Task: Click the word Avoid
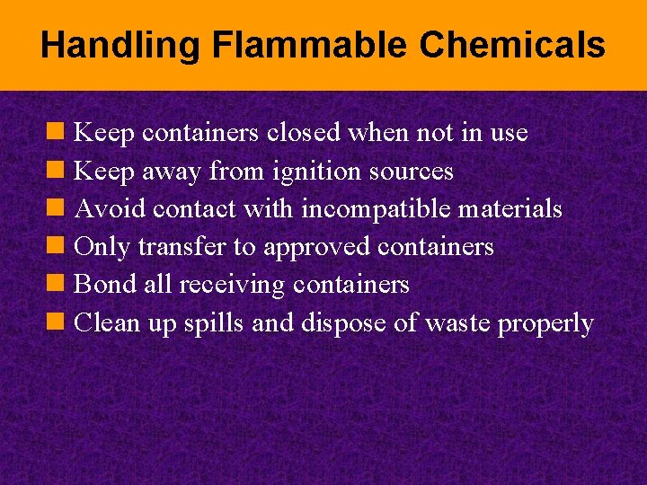tap(110, 208)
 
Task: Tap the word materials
tap(510, 208)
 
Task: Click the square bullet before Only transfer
tap(56, 246)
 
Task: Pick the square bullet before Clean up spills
tap(56, 322)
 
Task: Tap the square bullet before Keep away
tap(56, 170)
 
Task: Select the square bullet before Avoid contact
tap(56, 207)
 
